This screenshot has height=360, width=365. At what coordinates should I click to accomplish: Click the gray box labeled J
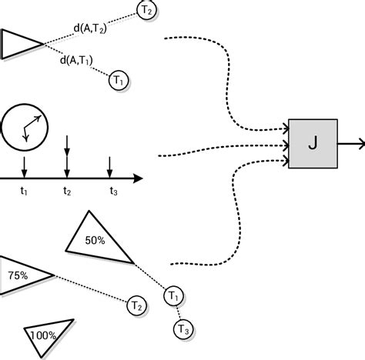click(x=313, y=144)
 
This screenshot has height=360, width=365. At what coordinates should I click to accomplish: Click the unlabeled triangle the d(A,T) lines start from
click(x=19, y=45)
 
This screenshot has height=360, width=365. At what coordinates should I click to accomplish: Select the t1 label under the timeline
click(x=25, y=191)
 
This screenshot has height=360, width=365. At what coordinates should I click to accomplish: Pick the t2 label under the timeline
click(x=67, y=191)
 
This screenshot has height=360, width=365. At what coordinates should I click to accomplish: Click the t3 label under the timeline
click(x=112, y=191)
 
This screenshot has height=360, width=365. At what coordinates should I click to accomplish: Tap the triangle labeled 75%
click(x=18, y=275)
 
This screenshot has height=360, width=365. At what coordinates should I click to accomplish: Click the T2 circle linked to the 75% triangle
click(x=136, y=305)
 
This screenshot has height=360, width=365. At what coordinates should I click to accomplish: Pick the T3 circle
click(x=183, y=329)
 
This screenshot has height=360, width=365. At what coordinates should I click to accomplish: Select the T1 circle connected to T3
click(x=173, y=295)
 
